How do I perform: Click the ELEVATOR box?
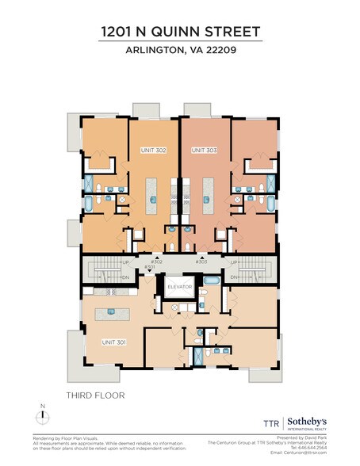[179, 286]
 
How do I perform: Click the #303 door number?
[201, 261]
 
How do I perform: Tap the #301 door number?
[149, 267]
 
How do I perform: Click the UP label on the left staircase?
[125, 262]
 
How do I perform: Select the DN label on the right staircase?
[234, 277]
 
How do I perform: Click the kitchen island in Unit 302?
[155, 194]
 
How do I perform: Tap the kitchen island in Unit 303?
[209, 194]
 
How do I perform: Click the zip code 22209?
[219, 52]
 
